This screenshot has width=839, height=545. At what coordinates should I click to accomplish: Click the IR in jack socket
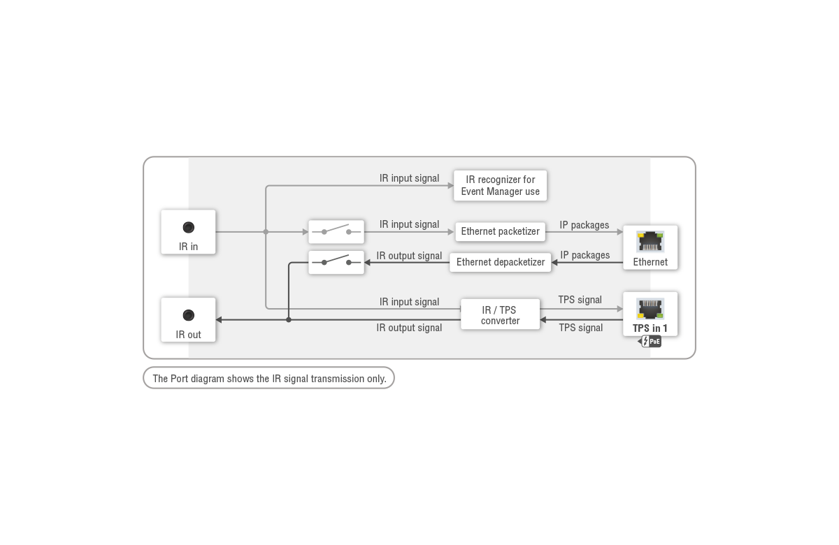pyautogui.click(x=188, y=227)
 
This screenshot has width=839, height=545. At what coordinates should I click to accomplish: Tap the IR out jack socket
pyautogui.click(x=188, y=315)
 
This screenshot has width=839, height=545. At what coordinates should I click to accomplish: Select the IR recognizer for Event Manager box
pyautogui.click(x=500, y=186)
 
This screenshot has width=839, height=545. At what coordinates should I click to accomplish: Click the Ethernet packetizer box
pyautogui.click(x=500, y=231)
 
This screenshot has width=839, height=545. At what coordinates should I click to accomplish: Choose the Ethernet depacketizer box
pyautogui.click(x=500, y=262)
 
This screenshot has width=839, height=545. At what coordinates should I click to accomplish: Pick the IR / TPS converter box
pyautogui.click(x=500, y=314)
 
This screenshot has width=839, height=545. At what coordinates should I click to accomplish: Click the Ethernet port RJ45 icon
pyautogui.click(x=650, y=242)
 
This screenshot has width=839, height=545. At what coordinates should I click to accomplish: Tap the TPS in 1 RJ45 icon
pyautogui.click(x=650, y=309)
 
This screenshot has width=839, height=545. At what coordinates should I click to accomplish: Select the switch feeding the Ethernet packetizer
pyautogui.click(x=336, y=232)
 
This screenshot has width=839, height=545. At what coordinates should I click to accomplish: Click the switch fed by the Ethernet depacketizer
pyautogui.click(x=336, y=263)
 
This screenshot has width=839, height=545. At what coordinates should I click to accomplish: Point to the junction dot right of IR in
pyautogui.click(x=266, y=232)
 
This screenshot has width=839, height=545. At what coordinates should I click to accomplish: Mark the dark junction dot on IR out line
pyautogui.click(x=288, y=320)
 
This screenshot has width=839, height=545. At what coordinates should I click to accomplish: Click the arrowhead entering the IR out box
pyautogui.click(x=219, y=320)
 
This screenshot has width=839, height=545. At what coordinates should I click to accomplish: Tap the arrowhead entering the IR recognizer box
pyautogui.click(x=450, y=186)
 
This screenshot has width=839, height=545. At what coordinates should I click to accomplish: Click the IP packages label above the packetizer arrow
pyautogui.click(x=585, y=225)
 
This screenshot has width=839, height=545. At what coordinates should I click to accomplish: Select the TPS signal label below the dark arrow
pyautogui.click(x=581, y=328)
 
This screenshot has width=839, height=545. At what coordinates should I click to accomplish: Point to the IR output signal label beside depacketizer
pyautogui.click(x=409, y=256)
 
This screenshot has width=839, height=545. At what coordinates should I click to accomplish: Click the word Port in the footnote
pyautogui.click(x=179, y=379)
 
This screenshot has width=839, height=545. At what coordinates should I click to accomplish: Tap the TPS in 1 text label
pyautogui.click(x=650, y=328)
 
